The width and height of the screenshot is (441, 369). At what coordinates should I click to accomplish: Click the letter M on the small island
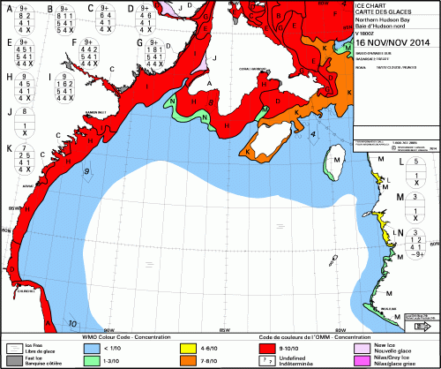[337, 160]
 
